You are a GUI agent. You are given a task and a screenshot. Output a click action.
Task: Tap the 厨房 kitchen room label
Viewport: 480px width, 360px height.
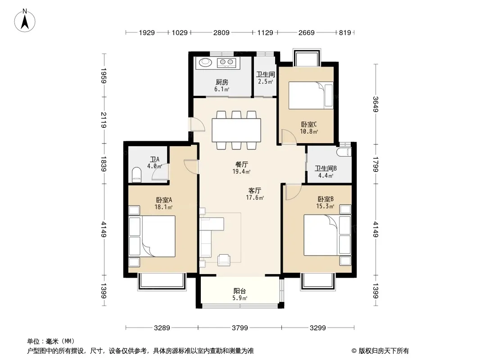(222, 82)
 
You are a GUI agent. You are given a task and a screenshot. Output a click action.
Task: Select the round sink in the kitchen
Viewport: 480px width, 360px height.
(205, 63)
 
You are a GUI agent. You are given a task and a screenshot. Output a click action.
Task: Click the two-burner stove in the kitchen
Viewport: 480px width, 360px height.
(226, 63)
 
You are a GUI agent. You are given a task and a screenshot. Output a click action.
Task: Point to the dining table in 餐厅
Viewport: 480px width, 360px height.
(236, 130)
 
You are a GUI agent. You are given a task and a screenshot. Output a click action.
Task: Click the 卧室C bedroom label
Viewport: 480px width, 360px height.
(309, 124)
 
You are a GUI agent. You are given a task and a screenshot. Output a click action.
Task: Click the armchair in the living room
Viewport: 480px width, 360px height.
(224, 260)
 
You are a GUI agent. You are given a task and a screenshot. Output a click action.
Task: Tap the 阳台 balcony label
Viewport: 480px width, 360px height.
(240, 291)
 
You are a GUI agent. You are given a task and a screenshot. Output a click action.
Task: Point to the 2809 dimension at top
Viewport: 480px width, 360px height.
(222, 32)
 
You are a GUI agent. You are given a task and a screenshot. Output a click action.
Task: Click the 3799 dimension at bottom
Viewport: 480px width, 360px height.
(240, 328)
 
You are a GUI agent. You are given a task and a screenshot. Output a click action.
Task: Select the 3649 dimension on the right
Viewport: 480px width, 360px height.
(376, 104)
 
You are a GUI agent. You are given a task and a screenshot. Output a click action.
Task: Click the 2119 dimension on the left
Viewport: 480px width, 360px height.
(104, 120)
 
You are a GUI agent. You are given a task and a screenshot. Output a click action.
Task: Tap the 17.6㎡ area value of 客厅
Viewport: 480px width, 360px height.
(255, 198)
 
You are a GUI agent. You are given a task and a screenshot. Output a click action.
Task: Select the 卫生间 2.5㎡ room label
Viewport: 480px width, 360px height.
(265, 78)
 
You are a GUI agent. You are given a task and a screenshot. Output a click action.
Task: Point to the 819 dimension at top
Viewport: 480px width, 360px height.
(345, 32)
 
